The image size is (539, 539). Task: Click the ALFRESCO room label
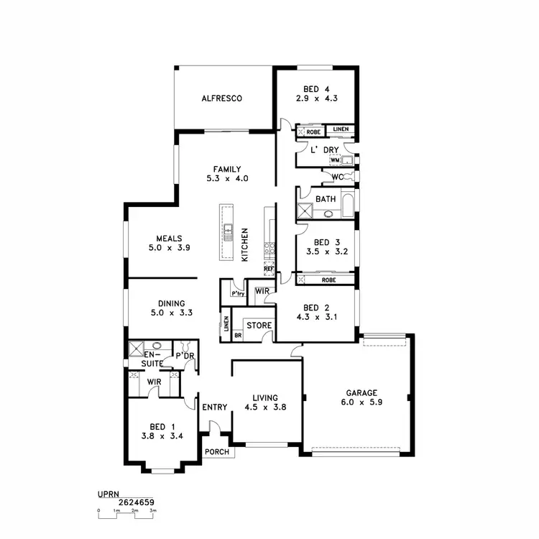[x=221, y=98]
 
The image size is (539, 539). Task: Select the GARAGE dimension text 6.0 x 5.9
[x=361, y=404]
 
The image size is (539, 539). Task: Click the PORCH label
[x=217, y=452]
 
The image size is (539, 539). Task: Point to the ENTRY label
[x=214, y=407]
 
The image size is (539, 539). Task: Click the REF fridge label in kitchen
[x=269, y=268]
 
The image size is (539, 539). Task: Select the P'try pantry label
[x=238, y=294]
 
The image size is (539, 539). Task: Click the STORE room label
[x=259, y=326]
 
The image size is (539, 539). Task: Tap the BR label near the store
[x=238, y=335]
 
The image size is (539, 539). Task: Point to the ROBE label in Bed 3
[x=328, y=280]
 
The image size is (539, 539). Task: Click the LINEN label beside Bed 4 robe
[x=341, y=129]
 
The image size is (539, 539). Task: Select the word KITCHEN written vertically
[x=245, y=244]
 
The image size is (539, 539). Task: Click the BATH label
[x=326, y=198]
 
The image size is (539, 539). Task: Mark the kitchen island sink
[x=228, y=231]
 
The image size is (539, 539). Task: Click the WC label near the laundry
[x=337, y=176]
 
